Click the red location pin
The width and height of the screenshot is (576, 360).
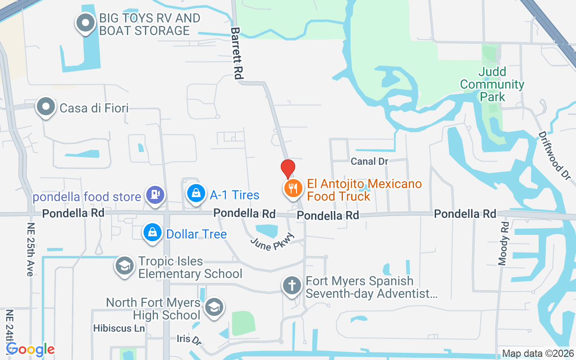click(288, 169)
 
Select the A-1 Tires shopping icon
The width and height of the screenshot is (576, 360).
click(196, 193)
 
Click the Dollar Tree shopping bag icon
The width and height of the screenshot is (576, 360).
click(153, 233)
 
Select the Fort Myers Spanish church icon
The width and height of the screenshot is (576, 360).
click(292, 285)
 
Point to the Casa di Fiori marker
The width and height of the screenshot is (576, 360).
click(45, 107)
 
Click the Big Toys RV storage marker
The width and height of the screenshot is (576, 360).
click(85, 22)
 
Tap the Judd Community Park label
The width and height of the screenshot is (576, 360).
click(492, 84)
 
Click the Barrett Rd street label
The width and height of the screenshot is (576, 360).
click(237, 53)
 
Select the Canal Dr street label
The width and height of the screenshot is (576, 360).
click(369, 161)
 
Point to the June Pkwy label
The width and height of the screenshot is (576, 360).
click(273, 242)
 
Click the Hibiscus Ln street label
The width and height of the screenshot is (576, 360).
click(119, 328)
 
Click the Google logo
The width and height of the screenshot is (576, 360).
click(31, 349)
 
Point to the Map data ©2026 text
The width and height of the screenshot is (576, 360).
click(538, 354)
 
